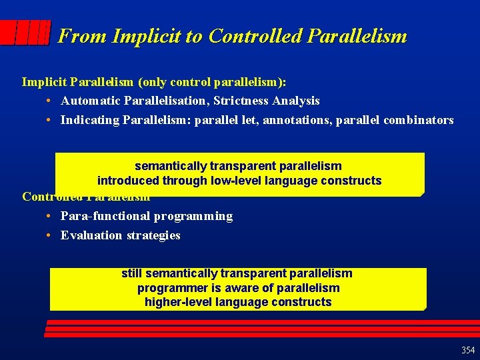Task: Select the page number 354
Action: [467, 350]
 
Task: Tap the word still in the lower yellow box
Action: [131, 273]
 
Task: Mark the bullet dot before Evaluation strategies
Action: [50, 235]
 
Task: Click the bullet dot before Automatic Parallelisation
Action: [50, 101]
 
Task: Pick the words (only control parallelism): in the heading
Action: [212, 82]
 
